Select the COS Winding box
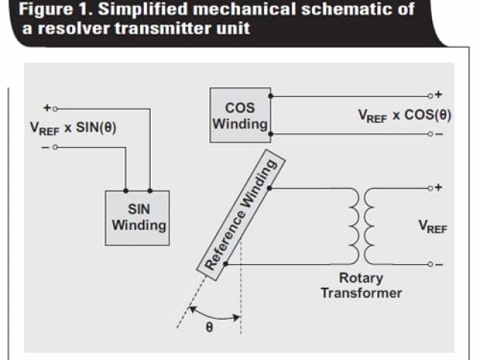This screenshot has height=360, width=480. click(x=239, y=115)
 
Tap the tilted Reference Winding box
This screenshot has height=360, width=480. click(x=241, y=215)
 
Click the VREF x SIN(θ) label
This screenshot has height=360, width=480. click(x=74, y=128)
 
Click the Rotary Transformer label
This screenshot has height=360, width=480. click(x=361, y=285)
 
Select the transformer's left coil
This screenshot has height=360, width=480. click(x=351, y=225)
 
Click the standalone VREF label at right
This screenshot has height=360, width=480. click(x=433, y=226)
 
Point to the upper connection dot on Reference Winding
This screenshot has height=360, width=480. click(x=268, y=187)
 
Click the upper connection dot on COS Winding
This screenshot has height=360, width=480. click(x=271, y=96)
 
